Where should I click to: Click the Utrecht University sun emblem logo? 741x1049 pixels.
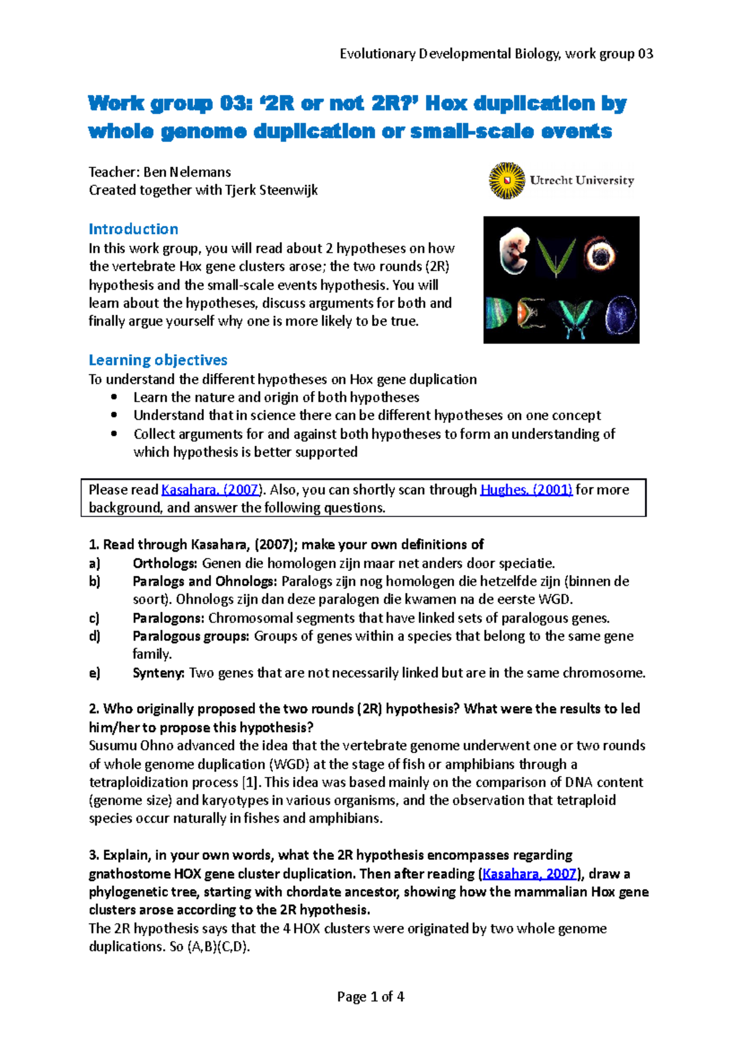coord(507,180)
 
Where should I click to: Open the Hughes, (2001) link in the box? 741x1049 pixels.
coord(526,490)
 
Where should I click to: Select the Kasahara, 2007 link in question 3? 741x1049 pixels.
coord(530,874)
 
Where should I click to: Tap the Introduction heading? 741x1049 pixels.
coord(133,229)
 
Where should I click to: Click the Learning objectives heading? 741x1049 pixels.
coord(158,360)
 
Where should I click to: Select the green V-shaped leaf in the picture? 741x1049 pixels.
coord(555,257)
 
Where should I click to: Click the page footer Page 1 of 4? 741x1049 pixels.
coord(371,996)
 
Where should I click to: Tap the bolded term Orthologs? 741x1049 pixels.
coord(165,563)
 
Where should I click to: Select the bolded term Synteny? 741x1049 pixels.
coord(159,673)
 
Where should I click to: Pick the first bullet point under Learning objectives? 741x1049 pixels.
coord(114,397)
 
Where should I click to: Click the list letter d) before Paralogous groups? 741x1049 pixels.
coord(94,636)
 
